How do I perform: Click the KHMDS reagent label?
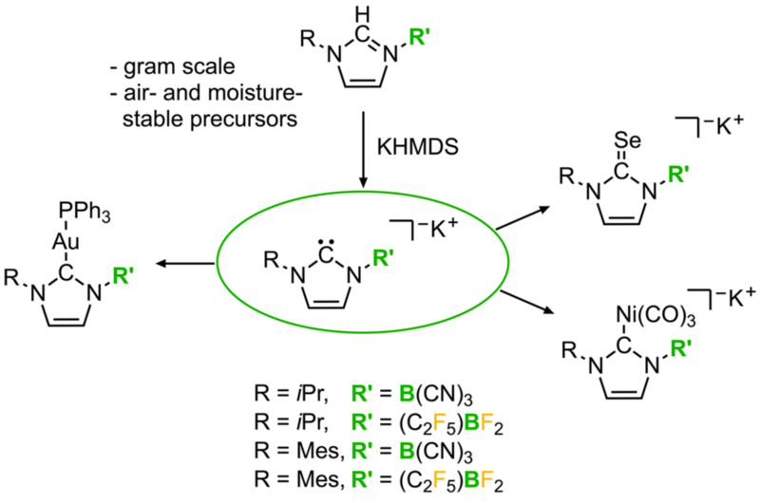[417, 147]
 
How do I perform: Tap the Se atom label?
[628, 140]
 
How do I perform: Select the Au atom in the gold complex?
[66, 241]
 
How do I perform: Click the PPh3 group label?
[85, 212]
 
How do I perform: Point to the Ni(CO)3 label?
[655, 316]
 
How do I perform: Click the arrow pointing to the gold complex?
[185, 263]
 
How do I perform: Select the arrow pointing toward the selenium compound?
[523, 217]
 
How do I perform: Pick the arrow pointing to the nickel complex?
[526, 302]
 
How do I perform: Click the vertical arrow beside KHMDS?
[363, 150]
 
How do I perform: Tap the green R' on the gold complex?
[123, 276]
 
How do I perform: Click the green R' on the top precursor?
[420, 37]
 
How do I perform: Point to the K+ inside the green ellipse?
[444, 228]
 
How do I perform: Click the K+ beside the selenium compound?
[730, 125]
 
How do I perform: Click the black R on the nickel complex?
[569, 349]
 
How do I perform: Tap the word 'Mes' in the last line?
[317, 479]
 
